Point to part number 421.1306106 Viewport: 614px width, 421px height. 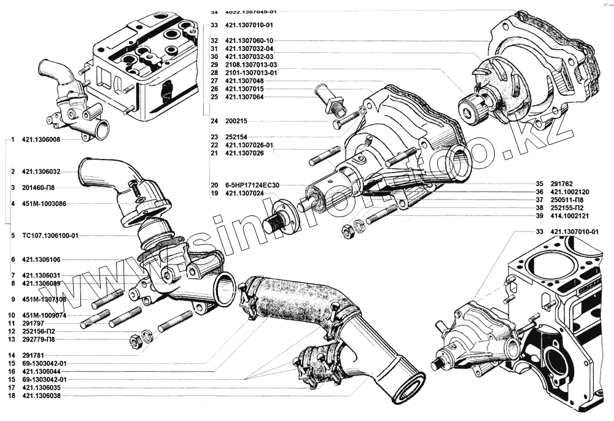pos(44,259)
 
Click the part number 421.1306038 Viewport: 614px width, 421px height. pos(44,396)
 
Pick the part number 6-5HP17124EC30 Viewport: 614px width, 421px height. pos(253,185)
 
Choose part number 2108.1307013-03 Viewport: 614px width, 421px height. pos(251,64)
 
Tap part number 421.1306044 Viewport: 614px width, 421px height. pos(44,371)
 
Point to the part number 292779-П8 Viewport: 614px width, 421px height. pos(42,339)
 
